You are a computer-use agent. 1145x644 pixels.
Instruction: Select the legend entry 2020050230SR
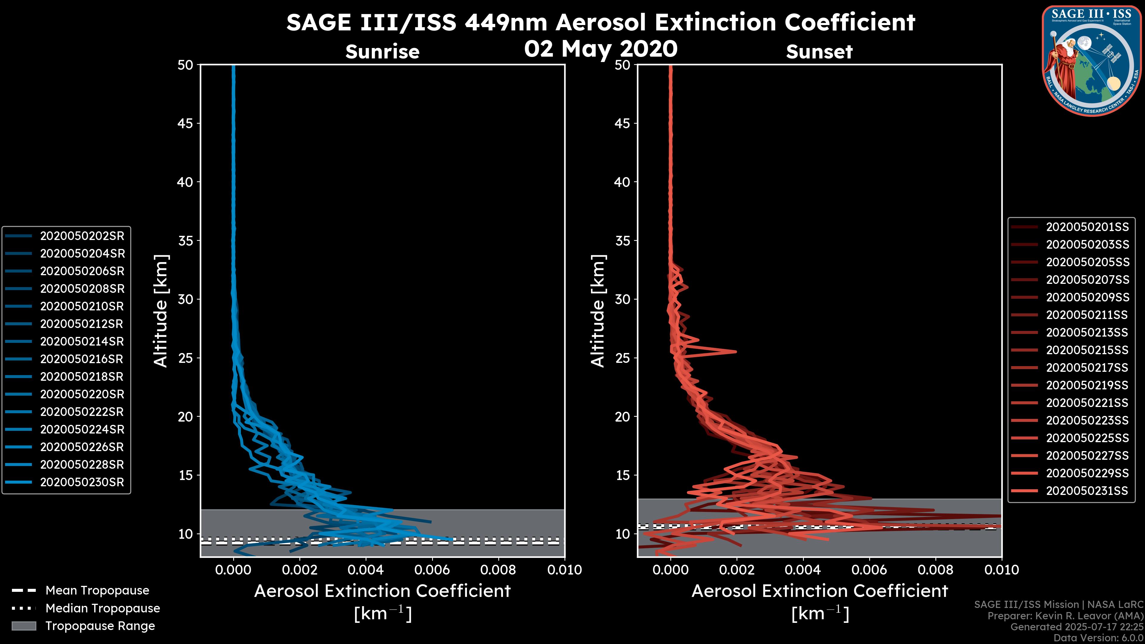point(82,482)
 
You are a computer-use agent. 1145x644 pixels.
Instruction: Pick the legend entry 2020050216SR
point(82,359)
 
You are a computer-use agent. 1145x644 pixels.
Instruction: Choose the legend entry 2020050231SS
point(1087,491)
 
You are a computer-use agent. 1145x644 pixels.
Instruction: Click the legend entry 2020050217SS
point(1087,368)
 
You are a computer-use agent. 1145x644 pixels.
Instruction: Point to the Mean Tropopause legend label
point(97,591)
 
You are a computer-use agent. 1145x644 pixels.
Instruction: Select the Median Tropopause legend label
point(103,608)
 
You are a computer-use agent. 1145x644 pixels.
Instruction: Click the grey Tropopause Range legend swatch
point(24,626)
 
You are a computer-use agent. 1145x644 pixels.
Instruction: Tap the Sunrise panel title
point(382,52)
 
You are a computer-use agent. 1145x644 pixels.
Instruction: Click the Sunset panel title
point(819,52)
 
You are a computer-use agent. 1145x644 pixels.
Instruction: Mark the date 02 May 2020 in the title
point(601,48)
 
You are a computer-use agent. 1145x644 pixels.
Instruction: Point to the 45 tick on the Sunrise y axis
point(185,123)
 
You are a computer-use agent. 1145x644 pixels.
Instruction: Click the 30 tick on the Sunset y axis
point(622,299)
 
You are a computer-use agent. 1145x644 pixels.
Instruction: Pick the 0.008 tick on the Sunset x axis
point(935,570)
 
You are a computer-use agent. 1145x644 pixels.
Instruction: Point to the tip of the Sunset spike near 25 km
point(736,352)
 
